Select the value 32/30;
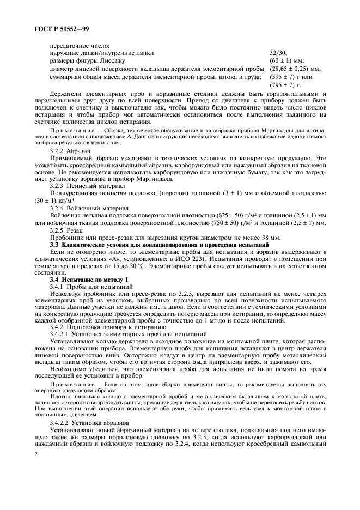coord(278,53)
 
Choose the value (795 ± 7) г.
coord(285,86)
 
